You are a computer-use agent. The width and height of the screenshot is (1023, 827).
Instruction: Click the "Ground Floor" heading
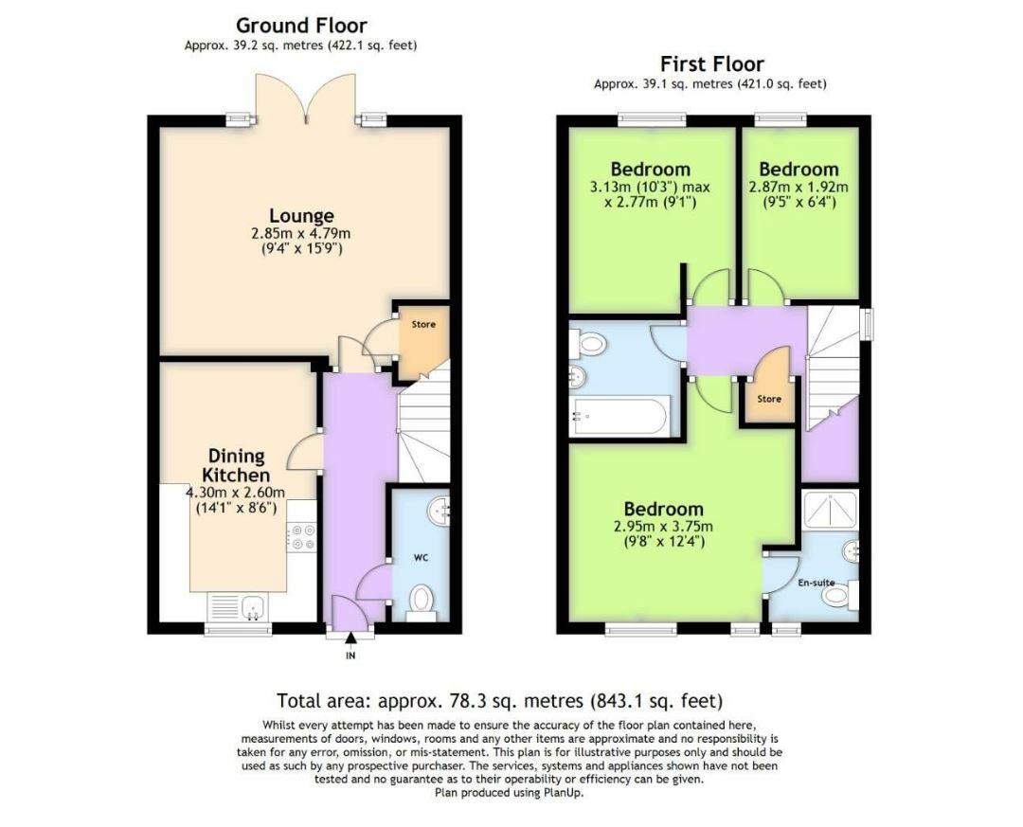[x=301, y=26]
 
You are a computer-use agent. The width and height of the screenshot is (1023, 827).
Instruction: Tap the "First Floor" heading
[x=711, y=64]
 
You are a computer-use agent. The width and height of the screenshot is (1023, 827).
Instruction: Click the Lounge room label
[x=301, y=216]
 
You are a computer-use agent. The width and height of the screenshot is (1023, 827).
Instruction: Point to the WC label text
[x=422, y=558]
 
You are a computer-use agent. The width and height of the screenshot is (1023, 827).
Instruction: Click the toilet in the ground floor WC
[x=422, y=600]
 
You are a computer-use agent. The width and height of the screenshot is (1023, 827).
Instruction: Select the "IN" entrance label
[x=350, y=656]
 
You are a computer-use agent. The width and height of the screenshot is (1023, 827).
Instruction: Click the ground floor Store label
[x=423, y=324]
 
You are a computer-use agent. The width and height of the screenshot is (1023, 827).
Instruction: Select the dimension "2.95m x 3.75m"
[x=663, y=527]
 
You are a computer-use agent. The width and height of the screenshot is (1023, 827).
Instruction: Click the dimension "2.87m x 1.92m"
[x=799, y=187]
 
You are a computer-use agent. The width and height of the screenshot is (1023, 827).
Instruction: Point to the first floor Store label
[x=769, y=399]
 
